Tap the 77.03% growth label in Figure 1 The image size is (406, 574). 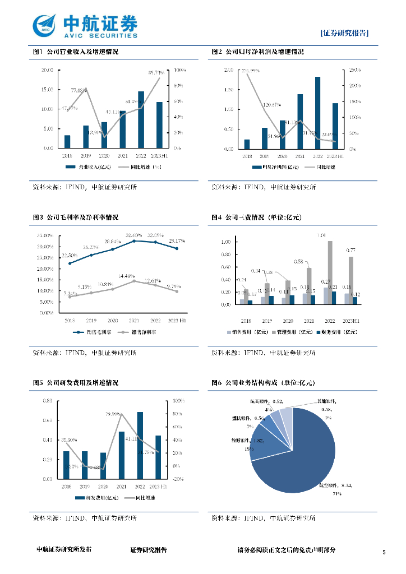(79, 90)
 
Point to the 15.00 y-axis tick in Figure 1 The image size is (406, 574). (47, 90)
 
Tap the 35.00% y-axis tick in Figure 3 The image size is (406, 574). (45, 235)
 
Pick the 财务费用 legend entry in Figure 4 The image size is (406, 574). (342, 332)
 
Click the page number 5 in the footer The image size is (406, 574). (384, 552)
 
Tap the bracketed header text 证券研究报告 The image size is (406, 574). (345, 33)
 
